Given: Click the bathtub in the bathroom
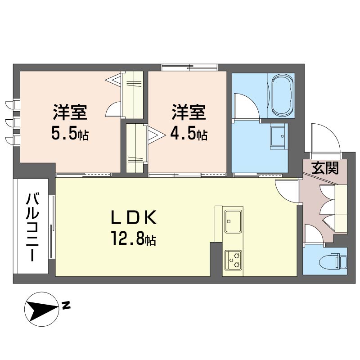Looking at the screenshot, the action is tap(283, 95).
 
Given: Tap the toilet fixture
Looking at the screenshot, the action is tap(333, 261).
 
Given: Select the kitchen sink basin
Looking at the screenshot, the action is tap(233, 221).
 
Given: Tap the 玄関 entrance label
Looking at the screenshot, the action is tap(325, 168).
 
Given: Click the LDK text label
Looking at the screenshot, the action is tap(134, 217).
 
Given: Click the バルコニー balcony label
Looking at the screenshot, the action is tap(32, 227).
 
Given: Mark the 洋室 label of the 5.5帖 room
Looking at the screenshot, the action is tap(70, 112).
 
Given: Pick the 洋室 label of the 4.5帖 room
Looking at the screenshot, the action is tap(189, 112).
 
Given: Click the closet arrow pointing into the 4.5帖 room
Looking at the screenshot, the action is tap(156, 135).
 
